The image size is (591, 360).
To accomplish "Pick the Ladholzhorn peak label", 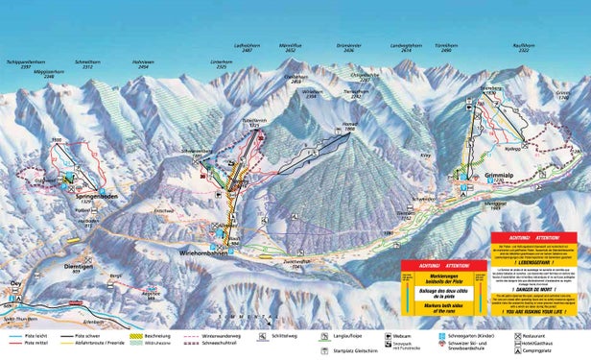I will (x=248, y=47).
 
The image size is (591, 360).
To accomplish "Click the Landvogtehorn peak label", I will (x=407, y=47).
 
